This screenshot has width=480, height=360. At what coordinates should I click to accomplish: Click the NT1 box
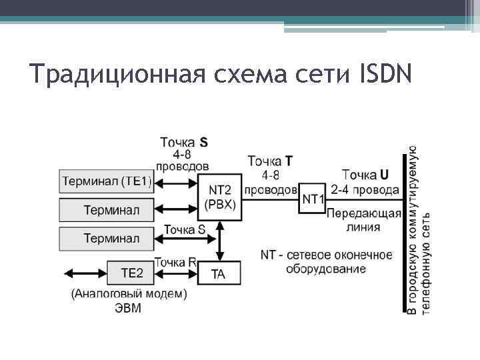pyautogui.click(x=313, y=198)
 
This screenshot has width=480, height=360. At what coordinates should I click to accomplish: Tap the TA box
pyautogui.click(x=219, y=274)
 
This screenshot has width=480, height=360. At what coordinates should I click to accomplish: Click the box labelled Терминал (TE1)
pyautogui.click(x=107, y=181)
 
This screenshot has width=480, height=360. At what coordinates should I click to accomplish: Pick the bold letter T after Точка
pyautogui.click(x=288, y=160)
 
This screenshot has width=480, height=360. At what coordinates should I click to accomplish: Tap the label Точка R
pyautogui.click(x=175, y=262)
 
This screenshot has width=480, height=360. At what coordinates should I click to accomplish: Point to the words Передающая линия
pyautogui.click(x=364, y=220)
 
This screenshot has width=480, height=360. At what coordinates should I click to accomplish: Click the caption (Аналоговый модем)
pyautogui.click(x=129, y=293)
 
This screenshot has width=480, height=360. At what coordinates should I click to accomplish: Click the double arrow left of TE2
pyautogui.click(x=85, y=273)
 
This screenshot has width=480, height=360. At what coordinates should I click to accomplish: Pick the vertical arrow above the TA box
pyautogui.click(x=219, y=241)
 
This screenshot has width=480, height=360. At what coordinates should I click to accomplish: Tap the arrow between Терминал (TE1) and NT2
pyautogui.click(x=176, y=181)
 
